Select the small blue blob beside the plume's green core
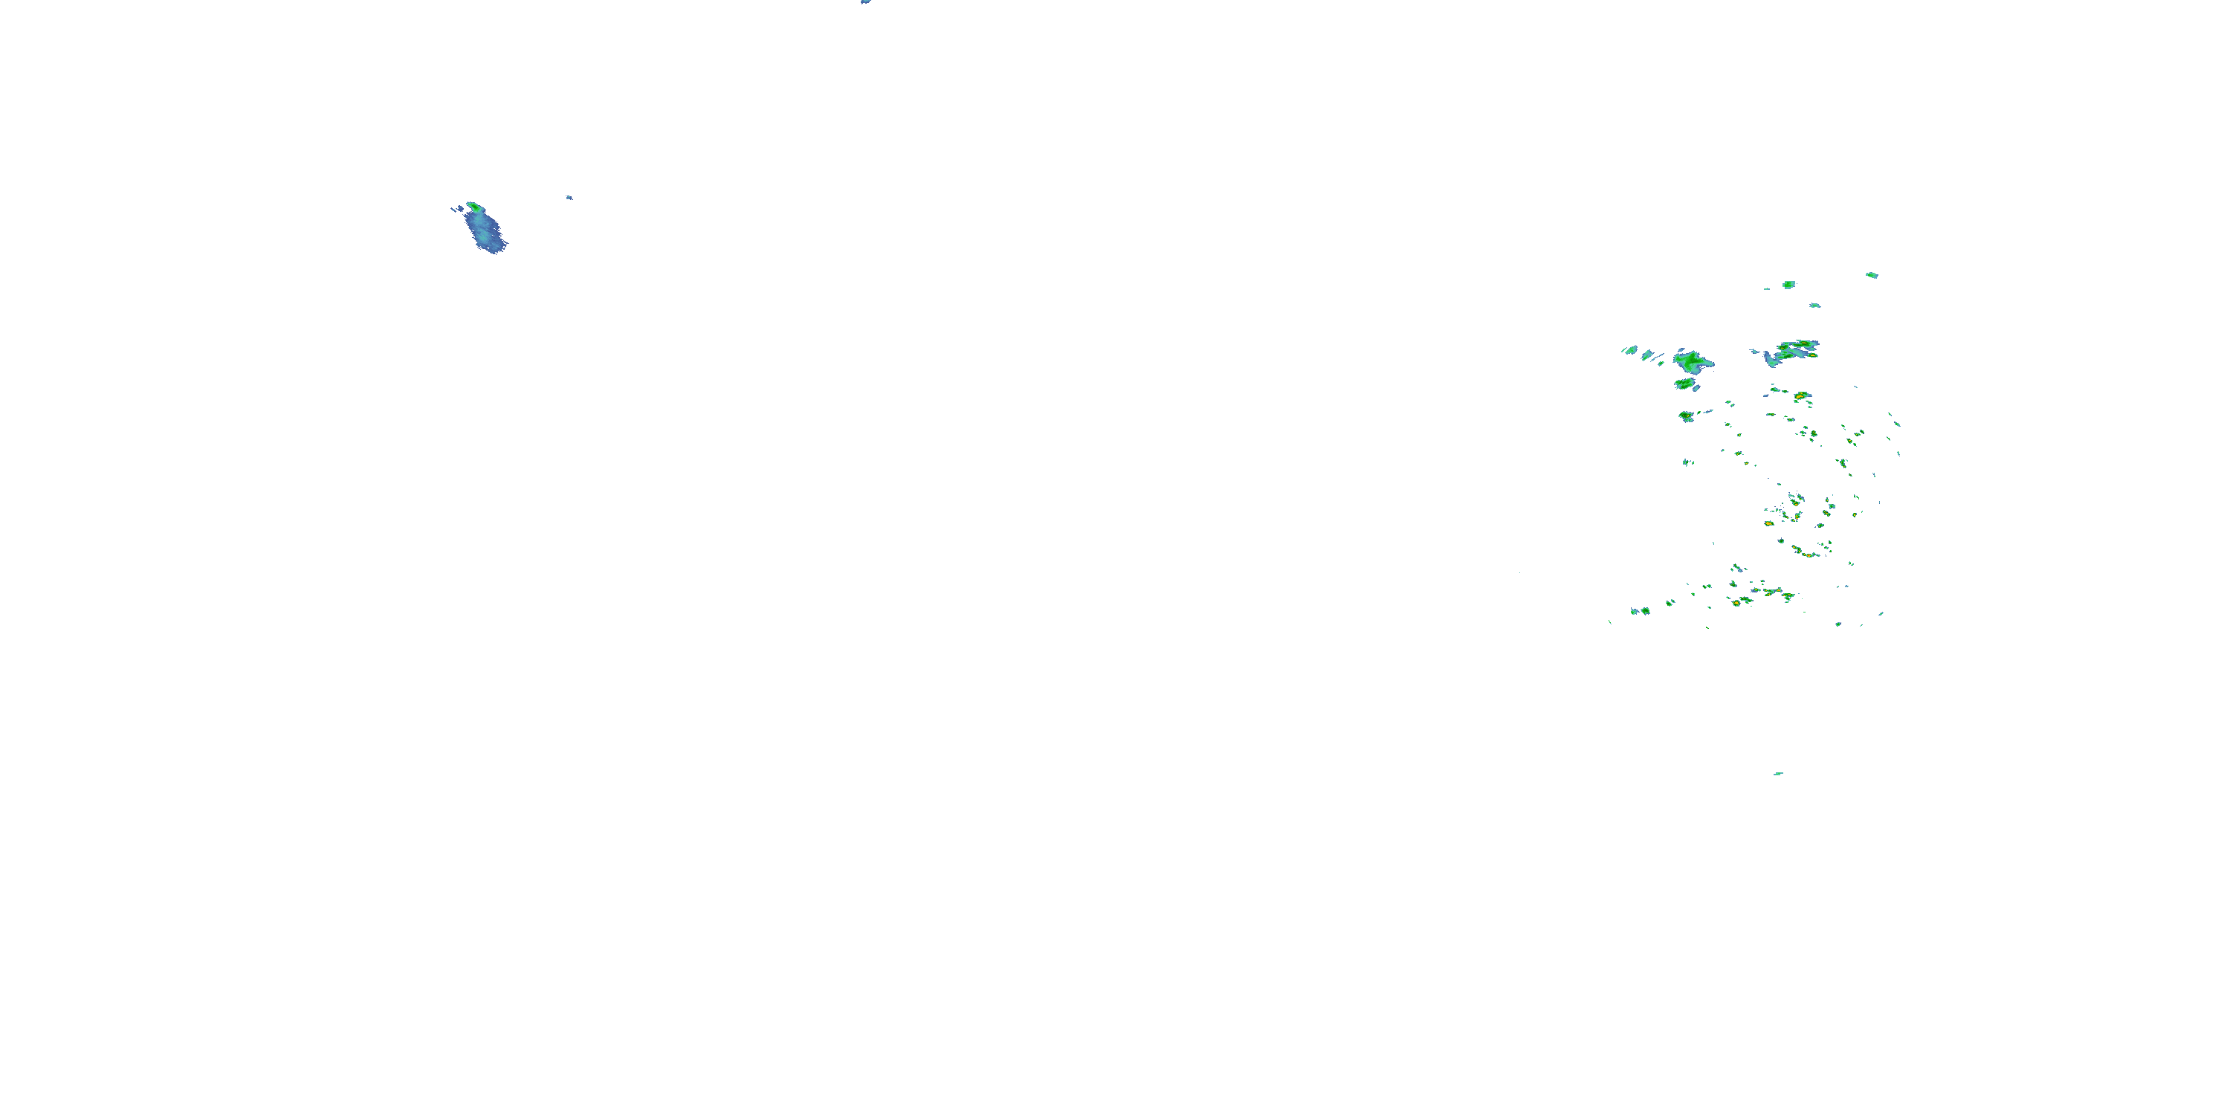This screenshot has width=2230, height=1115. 456,209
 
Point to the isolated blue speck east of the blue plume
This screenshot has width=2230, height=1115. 569,198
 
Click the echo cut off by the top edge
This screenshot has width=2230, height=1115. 864,1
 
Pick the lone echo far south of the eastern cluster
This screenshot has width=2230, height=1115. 1778,773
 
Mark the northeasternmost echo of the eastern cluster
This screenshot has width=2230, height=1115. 1872,275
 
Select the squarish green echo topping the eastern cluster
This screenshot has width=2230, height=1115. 1788,284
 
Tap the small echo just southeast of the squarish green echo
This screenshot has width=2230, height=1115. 1814,305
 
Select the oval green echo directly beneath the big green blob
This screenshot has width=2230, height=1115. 1684,384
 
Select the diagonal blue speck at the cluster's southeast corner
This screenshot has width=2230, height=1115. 1881,614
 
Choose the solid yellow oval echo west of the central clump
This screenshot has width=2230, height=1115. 1768,524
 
